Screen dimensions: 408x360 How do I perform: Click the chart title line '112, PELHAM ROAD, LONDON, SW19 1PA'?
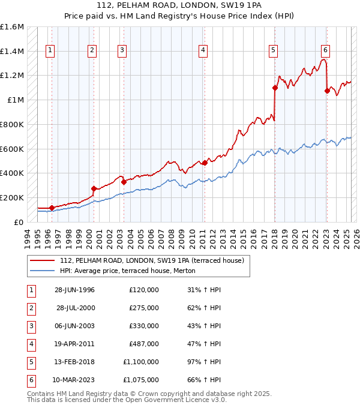click(x=179, y=7)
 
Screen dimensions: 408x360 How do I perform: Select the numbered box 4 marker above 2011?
click(x=203, y=50)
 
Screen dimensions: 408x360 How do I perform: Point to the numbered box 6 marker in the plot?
click(x=325, y=50)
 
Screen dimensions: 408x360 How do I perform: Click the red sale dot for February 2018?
click(x=275, y=88)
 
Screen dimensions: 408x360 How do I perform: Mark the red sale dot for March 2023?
click(x=327, y=91)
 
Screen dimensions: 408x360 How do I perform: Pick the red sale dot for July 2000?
click(x=94, y=188)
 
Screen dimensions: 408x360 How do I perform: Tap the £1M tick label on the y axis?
click(x=16, y=100)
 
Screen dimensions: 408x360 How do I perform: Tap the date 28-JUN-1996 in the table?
click(x=74, y=290)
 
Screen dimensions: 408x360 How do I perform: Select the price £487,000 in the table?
click(x=143, y=344)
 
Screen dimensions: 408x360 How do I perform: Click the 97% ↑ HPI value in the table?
click(x=204, y=362)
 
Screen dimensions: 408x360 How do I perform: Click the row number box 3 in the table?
click(x=30, y=326)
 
